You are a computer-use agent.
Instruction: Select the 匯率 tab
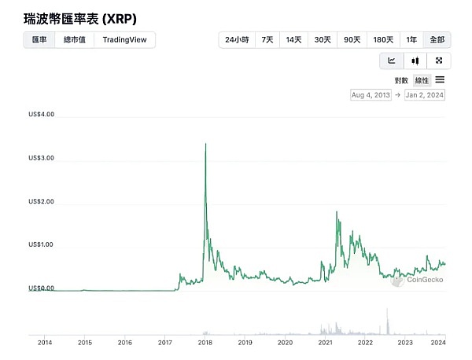click(x=39, y=40)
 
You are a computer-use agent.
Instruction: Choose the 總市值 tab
click(x=74, y=40)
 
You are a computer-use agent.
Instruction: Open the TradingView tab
click(x=124, y=40)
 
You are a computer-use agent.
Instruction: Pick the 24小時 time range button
click(x=236, y=40)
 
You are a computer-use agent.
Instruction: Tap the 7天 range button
click(x=267, y=40)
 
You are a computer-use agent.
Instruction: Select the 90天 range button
click(x=352, y=40)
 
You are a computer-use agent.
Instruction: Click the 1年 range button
click(x=411, y=40)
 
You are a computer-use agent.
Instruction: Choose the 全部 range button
click(x=437, y=40)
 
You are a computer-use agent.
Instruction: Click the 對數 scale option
click(x=401, y=80)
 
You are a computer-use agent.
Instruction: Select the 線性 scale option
click(x=422, y=80)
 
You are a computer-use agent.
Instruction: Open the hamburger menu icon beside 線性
click(x=440, y=79)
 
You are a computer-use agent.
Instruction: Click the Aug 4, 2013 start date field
click(x=371, y=95)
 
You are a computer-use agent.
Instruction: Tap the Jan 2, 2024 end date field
click(x=425, y=95)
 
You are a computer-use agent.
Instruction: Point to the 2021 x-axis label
click(x=325, y=343)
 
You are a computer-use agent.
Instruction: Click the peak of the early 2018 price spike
click(x=205, y=144)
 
